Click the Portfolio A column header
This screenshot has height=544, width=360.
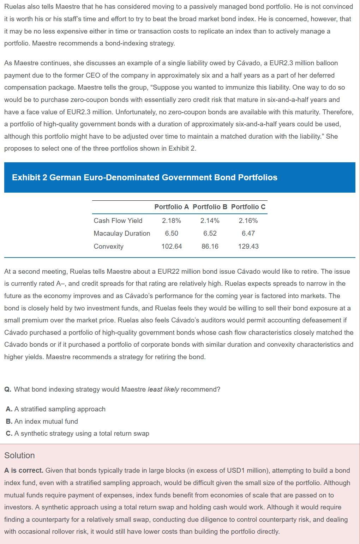coord(172,207)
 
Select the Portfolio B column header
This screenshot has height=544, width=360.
coord(210,207)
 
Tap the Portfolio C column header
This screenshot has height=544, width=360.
coord(248,207)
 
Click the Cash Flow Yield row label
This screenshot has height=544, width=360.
coord(118,220)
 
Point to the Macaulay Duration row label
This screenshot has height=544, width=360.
coord(122,233)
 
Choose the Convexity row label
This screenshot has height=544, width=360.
coord(108,246)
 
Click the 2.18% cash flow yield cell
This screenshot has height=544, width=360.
coord(172,220)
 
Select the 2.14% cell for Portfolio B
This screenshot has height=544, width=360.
coord(210,220)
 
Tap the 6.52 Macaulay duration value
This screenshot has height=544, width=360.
coord(210,233)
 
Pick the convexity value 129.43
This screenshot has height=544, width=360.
coord(248,246)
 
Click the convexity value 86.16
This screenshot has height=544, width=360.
coord(210,246)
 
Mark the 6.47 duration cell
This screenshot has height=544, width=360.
coord(248,233)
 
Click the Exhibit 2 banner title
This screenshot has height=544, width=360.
coord(145,177)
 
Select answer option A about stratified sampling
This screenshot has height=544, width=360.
coord(56,409)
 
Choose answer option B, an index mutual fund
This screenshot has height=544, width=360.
coord(42,421)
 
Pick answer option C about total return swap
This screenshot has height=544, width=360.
coord(78,433)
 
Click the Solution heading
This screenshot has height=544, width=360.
coord(19,455)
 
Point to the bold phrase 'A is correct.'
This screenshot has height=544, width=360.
coord(24,470)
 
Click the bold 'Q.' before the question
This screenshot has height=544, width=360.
coord(8,389)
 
